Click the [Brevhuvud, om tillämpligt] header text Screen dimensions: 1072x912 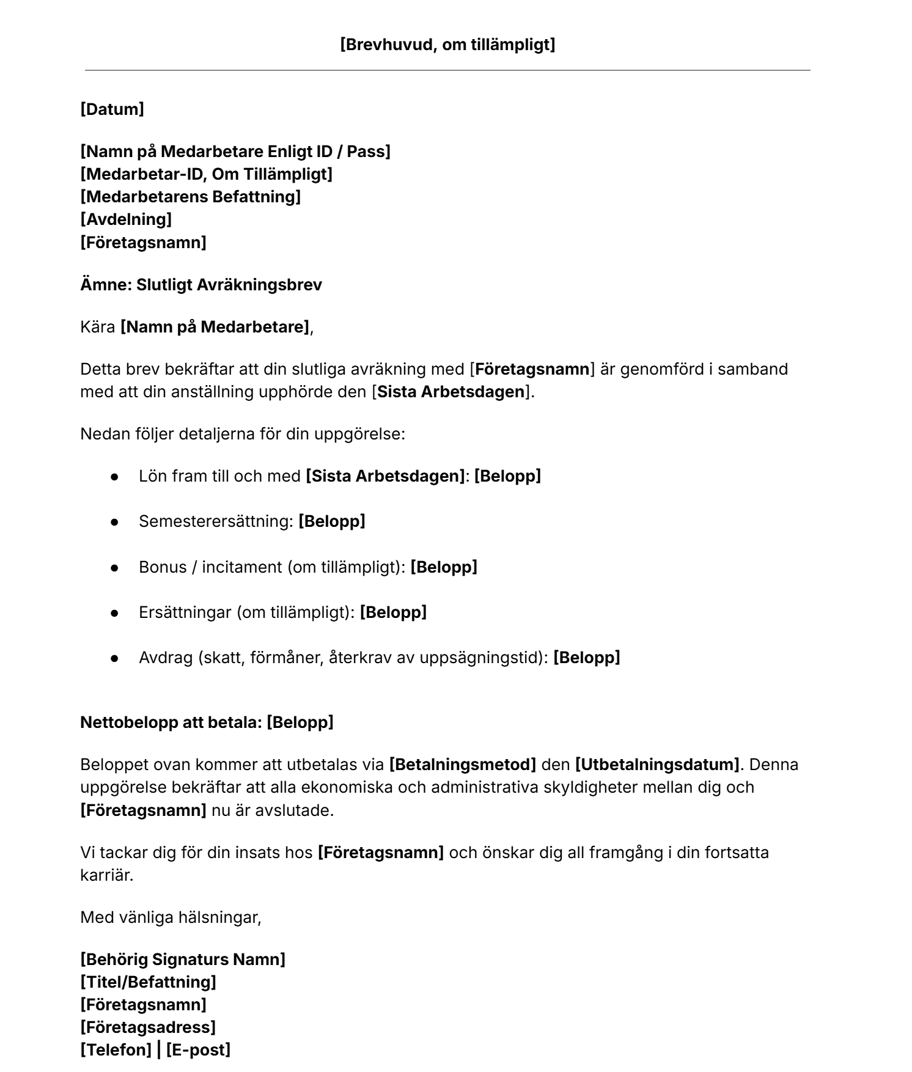(447, 45)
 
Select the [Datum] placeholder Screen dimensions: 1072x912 (112, 109)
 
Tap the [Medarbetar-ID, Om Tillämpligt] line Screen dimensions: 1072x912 (206, 174)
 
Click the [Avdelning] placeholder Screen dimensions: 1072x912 (126, 219)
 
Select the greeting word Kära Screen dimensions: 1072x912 (97, 327)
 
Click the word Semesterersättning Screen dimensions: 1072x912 (216, 521)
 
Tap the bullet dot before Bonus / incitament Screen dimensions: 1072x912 (114, 567)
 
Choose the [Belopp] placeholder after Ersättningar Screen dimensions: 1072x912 (393, 612)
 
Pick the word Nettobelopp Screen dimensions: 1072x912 (129, 722)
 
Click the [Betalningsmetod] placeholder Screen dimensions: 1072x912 (462, 765)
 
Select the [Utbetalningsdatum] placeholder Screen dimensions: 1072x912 (657, 765)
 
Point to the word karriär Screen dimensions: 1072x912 (106, 875)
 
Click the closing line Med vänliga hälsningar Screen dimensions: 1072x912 (171, 917)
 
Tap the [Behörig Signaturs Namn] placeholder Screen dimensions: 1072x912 (183, 960)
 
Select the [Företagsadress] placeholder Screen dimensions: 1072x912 (148, 1027)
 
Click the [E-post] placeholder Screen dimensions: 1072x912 (198, 1050)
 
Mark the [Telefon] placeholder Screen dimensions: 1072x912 (116, 1050)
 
